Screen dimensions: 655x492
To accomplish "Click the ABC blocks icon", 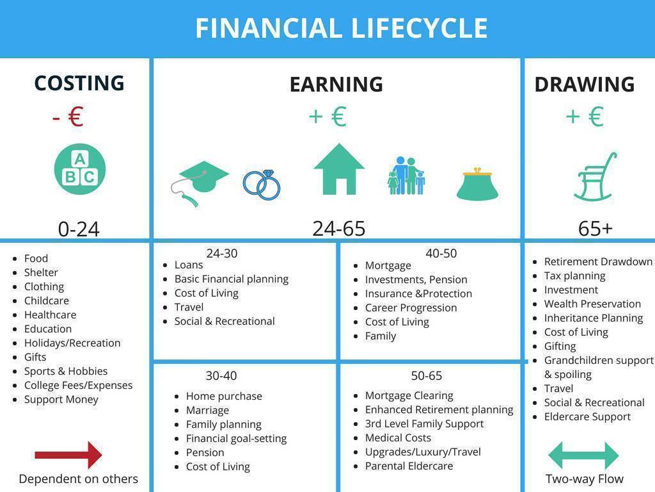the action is pos(80,169).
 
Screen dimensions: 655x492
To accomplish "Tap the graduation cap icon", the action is pos(200,183).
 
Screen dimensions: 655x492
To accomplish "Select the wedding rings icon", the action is pos(262,185).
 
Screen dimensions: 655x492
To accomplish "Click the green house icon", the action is pos(339,169).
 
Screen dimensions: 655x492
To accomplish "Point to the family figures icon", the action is pos(406,176).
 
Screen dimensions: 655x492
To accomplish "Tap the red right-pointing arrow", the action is pos(68,455).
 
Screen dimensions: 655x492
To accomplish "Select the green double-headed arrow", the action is pos(583,455).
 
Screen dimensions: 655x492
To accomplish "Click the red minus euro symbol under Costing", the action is pos(68,117).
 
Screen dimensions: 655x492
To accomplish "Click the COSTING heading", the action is pos(79,83).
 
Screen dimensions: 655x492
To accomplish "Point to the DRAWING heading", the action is pos(585,84).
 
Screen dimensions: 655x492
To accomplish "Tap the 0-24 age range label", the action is pos(79,229).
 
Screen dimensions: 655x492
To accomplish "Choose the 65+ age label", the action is pos(596,229).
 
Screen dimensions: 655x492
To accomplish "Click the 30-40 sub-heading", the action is pos(221,375).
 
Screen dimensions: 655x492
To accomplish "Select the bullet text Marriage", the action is pos(207,410).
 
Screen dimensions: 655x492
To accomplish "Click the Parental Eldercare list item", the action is pos(409,466).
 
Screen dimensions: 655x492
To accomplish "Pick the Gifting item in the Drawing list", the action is pos(560,347).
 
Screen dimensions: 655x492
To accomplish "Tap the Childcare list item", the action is pos(46,301).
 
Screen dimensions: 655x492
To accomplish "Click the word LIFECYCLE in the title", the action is pos(420,28).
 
